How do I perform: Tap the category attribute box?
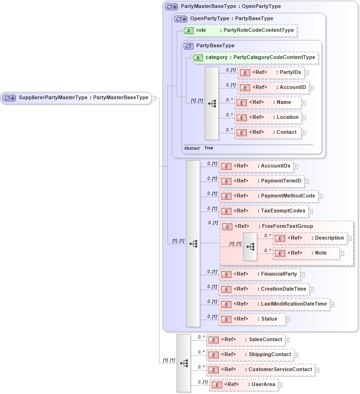tap(255, 58)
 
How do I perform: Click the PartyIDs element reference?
tap(271, 73)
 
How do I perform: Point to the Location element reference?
tap(268, 117)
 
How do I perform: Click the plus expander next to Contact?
tap(304, 133)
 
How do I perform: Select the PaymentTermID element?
tap(261, 181)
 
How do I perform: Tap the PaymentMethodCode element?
tap(268, 196)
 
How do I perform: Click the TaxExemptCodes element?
tap(264, 211)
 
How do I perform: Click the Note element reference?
tap(306, 253)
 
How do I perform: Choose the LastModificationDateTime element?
tap(274, 304)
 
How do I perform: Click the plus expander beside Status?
tap(288, 320)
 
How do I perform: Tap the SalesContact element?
tap(245, 340)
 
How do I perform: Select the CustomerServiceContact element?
tap(260, 370)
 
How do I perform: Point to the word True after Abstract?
tap(209, 148)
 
